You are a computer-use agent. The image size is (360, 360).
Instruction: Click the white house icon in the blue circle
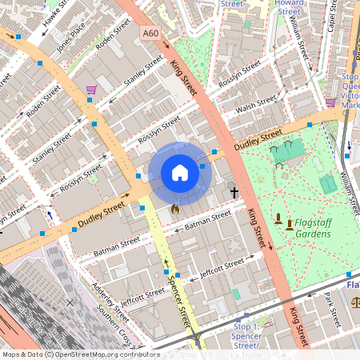coord(180,173)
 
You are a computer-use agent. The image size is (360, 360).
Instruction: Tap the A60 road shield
coord(150,33)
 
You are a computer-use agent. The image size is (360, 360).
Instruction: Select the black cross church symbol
coord(234,193)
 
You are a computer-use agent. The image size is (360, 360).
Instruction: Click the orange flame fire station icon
coord(174,209)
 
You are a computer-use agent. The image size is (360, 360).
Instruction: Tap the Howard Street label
coord(288,8)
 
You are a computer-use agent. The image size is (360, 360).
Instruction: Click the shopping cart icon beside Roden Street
coord(92,89)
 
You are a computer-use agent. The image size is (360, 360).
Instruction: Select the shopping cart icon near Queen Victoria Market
coord(330,102)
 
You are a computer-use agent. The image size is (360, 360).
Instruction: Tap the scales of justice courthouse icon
coord(355,303)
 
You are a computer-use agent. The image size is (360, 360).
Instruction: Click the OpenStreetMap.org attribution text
coord(104,354)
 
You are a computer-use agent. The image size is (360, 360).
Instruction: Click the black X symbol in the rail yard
coord(70,302)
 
